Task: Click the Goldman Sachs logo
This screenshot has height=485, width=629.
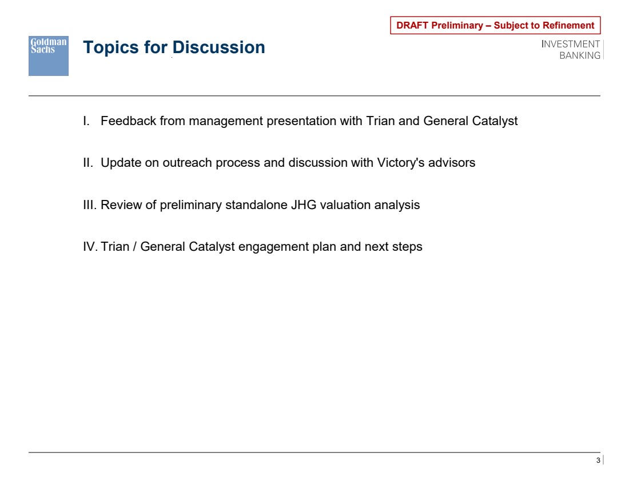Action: [x=49, y=56]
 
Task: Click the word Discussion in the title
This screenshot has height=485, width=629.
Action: [x=218, y=47]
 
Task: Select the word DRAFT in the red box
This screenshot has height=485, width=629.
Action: [x=412, y=25]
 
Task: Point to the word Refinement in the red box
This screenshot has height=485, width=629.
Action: [x=569, y=25]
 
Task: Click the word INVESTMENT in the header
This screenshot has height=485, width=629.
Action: [x=571, y=44]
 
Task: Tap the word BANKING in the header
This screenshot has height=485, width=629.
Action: [x=580, y=55]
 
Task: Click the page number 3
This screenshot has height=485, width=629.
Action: [x=598, y=460]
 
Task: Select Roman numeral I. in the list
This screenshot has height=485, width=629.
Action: [x=86, y=121]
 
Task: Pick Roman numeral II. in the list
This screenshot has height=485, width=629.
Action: [x=88, y=162]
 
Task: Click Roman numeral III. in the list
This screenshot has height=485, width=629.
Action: [x=90, y=205]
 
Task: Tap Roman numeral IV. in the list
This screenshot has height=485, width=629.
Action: [x=90, y=246]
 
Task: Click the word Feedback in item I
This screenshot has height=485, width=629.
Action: [x=128, y=121]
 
